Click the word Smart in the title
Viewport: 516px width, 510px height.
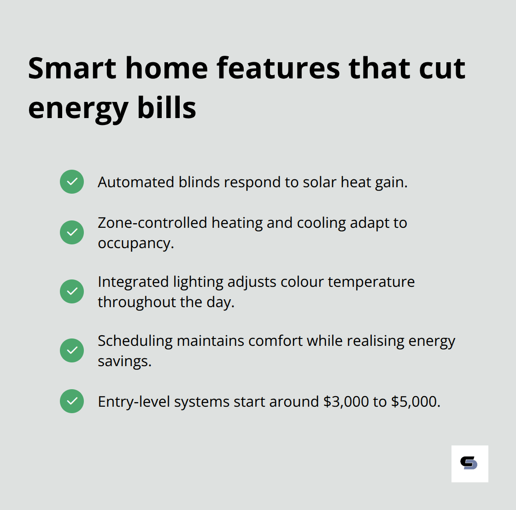click(x=72, y=68)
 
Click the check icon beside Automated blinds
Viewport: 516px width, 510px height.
click(x=72, y=182)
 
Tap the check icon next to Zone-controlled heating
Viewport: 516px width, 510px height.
click(x=72, y=232)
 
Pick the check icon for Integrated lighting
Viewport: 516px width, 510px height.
click(x=72, y=291)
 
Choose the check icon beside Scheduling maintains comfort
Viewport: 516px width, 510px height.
click(x=72, y=350)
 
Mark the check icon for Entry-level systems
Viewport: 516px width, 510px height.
click(x=72, y=401)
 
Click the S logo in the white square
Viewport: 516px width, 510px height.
click(x=469, y=463)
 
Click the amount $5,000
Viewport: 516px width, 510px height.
click(x=415, y=402)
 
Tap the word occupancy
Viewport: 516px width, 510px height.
click(x=135, y=243)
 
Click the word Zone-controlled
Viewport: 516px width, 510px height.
click(x=152, y=223)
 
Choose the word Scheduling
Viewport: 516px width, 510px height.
click(x=135, y=341)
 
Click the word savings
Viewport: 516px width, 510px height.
click(x=124, y=361)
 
